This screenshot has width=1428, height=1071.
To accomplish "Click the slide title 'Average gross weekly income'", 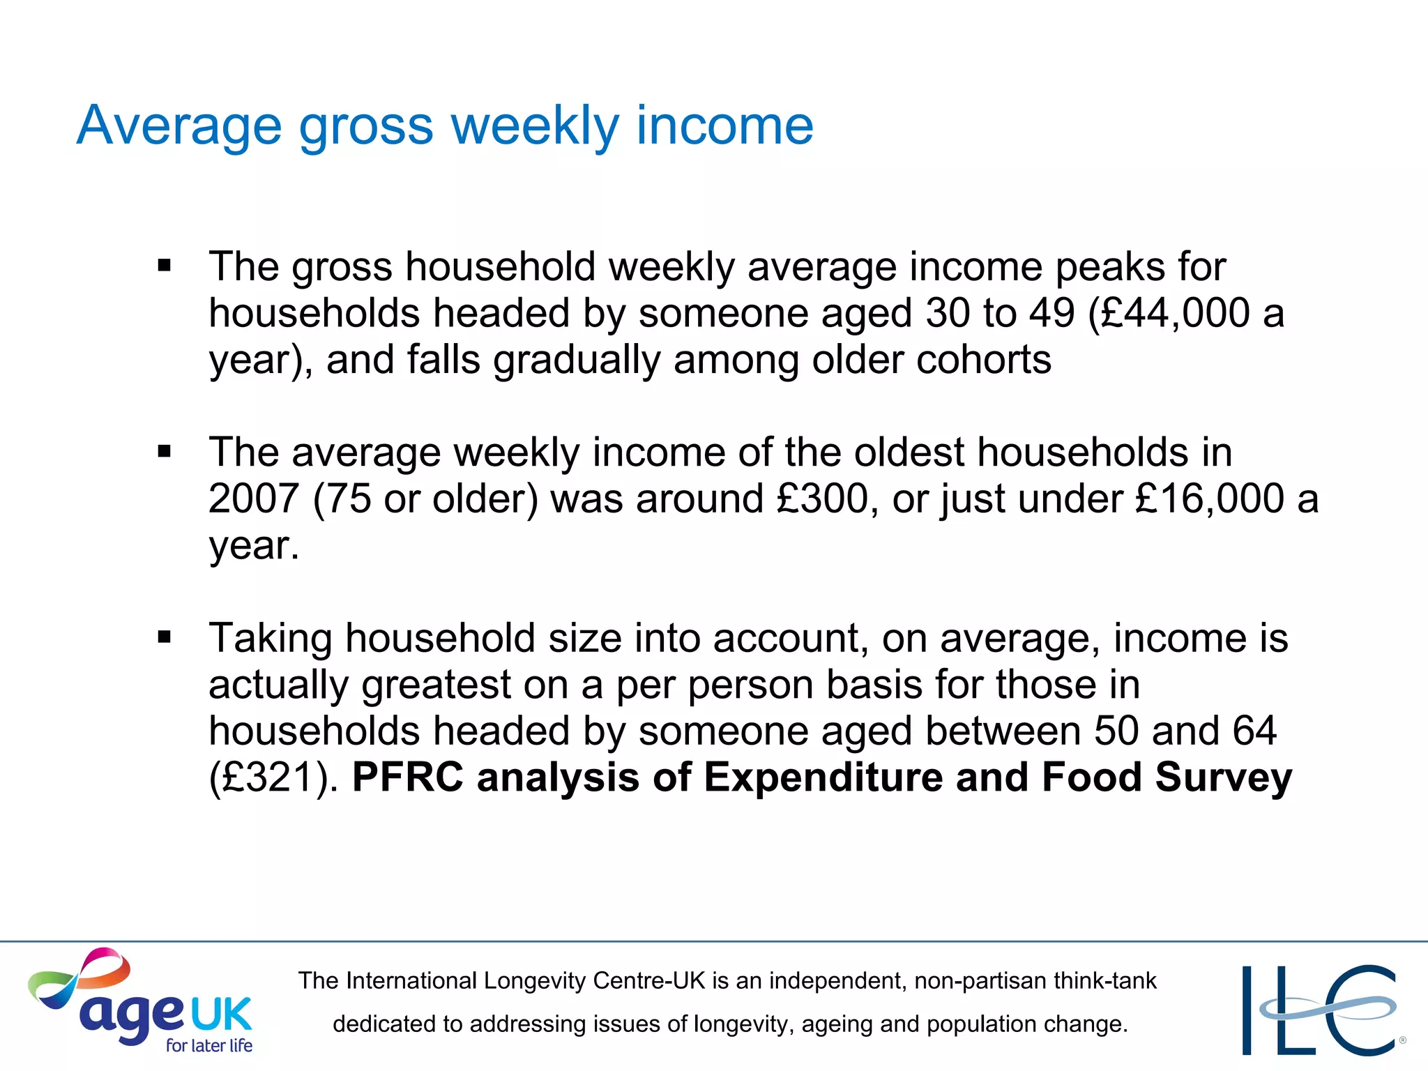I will click(445, 126).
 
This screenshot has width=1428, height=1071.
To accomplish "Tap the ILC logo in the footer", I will click(1321, 1009).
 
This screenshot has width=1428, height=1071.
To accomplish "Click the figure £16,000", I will click(1210, 499).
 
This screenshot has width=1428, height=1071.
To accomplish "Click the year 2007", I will click(254, 499).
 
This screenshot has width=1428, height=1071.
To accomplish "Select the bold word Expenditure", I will click(823, 777).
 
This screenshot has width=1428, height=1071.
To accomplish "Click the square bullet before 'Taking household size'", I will click(165, 637).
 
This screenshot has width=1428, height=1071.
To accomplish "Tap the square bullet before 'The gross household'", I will click(165, 266).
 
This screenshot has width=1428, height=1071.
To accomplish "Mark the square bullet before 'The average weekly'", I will click(165, 452).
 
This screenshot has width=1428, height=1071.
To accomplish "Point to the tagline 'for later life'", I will click(208, 1045).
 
